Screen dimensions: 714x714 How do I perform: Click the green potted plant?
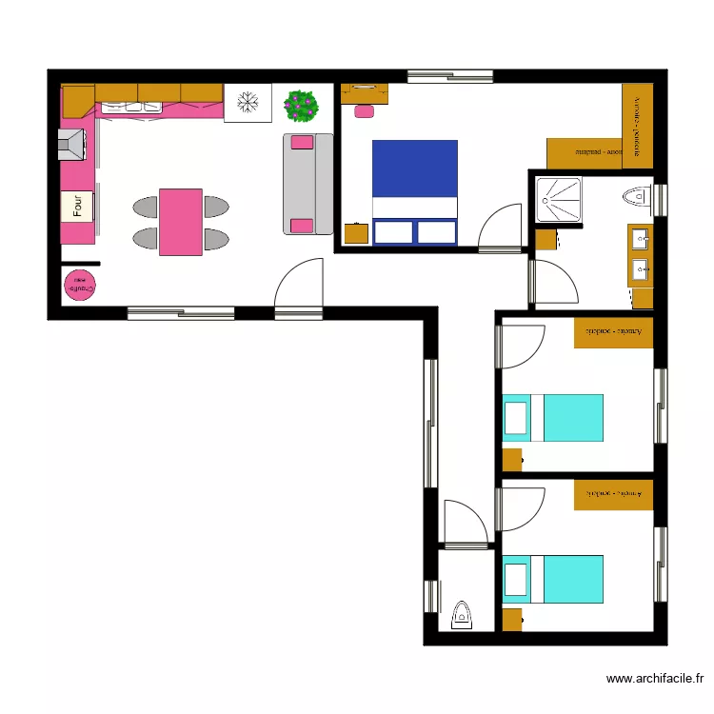pos(302,105)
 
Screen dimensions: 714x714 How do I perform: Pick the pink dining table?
pos(180,222)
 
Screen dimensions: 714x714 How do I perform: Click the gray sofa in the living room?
pos(307,184)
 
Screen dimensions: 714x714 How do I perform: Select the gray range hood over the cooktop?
pos(75,145)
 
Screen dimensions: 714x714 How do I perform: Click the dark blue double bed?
pos(414,191)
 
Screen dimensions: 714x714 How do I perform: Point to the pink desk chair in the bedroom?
pos(364,111)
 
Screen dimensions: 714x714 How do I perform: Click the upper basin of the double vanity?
pos(640,239)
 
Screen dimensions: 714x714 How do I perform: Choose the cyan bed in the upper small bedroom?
pos(552,418)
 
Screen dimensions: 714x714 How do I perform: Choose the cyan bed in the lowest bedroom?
pos(552,579)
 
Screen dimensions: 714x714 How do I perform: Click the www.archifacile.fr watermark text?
pos(655,679)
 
